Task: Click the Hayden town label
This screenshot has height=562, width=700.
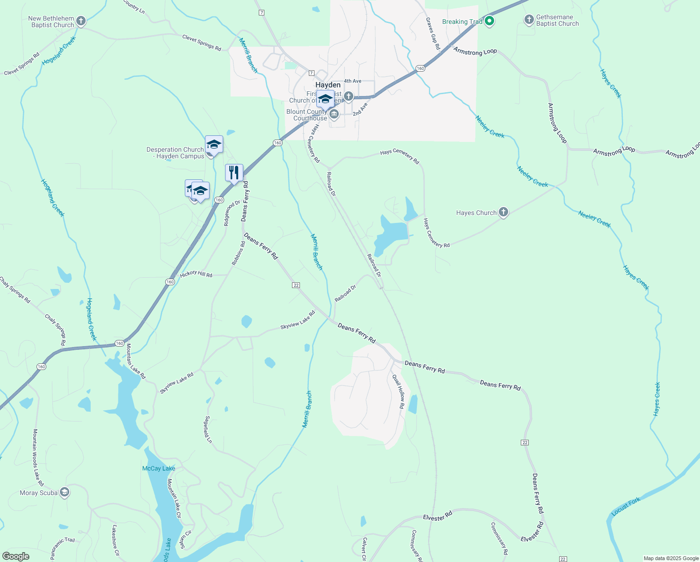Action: [328, 85]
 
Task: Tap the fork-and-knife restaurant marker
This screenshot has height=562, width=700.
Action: [234, 173]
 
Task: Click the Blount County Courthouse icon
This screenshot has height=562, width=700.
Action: [334, 114]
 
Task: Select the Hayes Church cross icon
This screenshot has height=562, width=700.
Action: [503, 212]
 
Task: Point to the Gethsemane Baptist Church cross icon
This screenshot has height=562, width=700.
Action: [529, 20]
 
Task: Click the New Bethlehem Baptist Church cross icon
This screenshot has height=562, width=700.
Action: [81, 21]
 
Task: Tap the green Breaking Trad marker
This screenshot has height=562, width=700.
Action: [489, 21]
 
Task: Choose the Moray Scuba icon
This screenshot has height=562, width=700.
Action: [65, 492]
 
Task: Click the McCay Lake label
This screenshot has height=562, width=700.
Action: [159, 468]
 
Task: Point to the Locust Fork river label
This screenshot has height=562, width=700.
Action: [626, 507]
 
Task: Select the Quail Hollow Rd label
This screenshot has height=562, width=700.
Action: [398, 392]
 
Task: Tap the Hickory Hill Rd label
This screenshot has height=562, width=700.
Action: [196, 274]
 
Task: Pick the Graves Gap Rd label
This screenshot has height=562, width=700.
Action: [433, 34]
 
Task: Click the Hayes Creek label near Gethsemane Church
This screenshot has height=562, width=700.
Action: [611, 84]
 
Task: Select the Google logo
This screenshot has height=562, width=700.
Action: [15, 556]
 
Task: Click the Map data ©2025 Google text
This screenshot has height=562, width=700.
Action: [671, 558]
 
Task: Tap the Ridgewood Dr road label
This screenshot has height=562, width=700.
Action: [232, 213]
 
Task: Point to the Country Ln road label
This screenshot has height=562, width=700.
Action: [134, 6]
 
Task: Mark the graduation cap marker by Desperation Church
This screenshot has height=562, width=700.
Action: [214, 145]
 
